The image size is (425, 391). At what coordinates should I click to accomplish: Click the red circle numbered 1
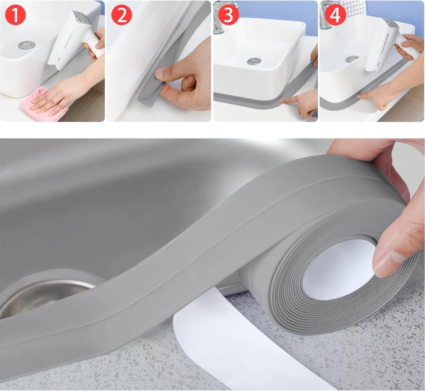[x=15, y=16]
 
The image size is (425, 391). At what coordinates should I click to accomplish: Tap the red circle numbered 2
[x=121, y=16]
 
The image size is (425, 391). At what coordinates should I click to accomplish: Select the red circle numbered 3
[x=228, y=16]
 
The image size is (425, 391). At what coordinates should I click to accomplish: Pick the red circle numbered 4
[x=335, y=16]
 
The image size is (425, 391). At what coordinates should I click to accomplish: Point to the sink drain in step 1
[x=27, y=45]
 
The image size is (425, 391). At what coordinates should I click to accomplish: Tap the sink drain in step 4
[x=352, y=59]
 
